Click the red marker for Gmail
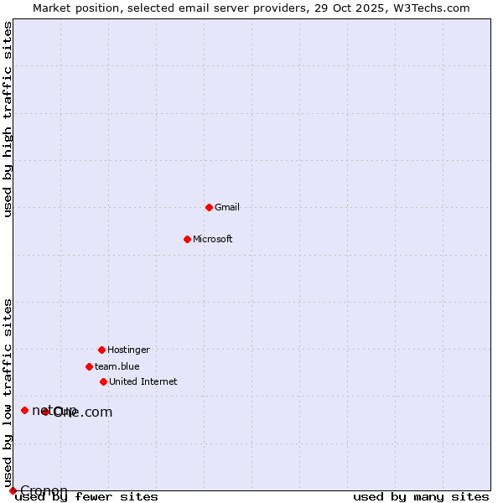pyautogui.click(x=209, y=207)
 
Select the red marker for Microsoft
pyautogui.click(x=188, y=239)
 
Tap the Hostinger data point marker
pyautogui.click(x=101, y=350)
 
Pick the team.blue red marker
pyautogui.click(x=89, y=366)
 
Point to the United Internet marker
pyautogui.click(x=103, y=381)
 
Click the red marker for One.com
pyautogui.click(x=45, y=412)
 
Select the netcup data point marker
pyautogui.click(x=24, y=410)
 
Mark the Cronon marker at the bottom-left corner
pyautogui.click(x=13, y=490)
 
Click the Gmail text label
pyautogui.click(x=227, y=207)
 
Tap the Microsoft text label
pyautogui.click(x=213, y=239)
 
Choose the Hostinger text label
pyautogui.click(x=128, y=350)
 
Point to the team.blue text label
pyautogui.click(x=117, y=366)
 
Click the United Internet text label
pyautogui.click(x=143, y=381)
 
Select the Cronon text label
pyautogui.click(x=44, y=490)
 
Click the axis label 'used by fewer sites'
pyautogui.click(x=86, y=497)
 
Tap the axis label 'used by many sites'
pyautogui.click(x=421, y=497)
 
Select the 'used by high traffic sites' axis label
pyautogui.click(x=8, y=119)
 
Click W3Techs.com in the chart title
pyautogui.click(x=428, y=8)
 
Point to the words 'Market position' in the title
pyautogui.click(x=75, y=8)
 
